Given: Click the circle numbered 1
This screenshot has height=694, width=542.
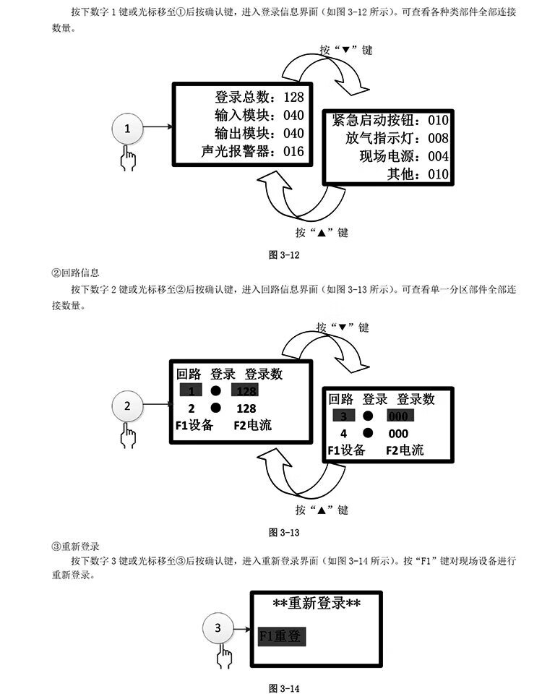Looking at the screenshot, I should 128,129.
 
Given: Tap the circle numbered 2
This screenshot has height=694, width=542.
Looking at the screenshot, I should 128,406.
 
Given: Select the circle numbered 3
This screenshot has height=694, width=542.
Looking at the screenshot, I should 218,629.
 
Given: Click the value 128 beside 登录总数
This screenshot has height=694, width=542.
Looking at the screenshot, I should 294,97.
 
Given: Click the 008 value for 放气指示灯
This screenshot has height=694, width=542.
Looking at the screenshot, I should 438,137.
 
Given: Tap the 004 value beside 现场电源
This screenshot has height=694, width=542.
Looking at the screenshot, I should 438,156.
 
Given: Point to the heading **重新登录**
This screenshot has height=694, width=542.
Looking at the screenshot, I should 317,604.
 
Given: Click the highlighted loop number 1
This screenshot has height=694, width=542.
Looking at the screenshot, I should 191,390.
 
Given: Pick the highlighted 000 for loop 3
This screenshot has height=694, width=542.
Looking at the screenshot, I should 399,416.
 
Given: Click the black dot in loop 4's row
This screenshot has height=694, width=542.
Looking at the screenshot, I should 369,433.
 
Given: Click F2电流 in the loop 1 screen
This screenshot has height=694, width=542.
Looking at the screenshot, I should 253,425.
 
